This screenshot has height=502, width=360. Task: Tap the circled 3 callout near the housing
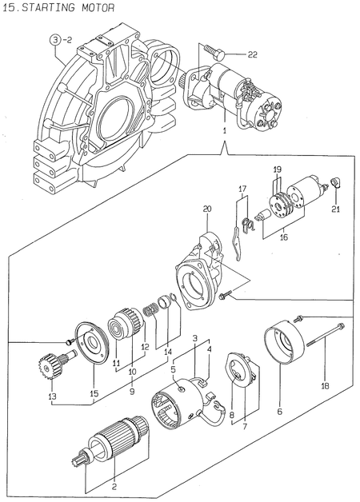coord(56,39)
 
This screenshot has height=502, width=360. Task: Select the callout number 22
coord(252,55)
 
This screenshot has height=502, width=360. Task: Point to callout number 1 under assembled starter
coord(225,129)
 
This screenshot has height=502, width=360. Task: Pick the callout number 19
coord(277,169)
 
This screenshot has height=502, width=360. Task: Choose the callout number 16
coord(282,237)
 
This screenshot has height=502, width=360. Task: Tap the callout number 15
coord(94,392)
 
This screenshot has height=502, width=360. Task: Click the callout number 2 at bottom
coord(114,486)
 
